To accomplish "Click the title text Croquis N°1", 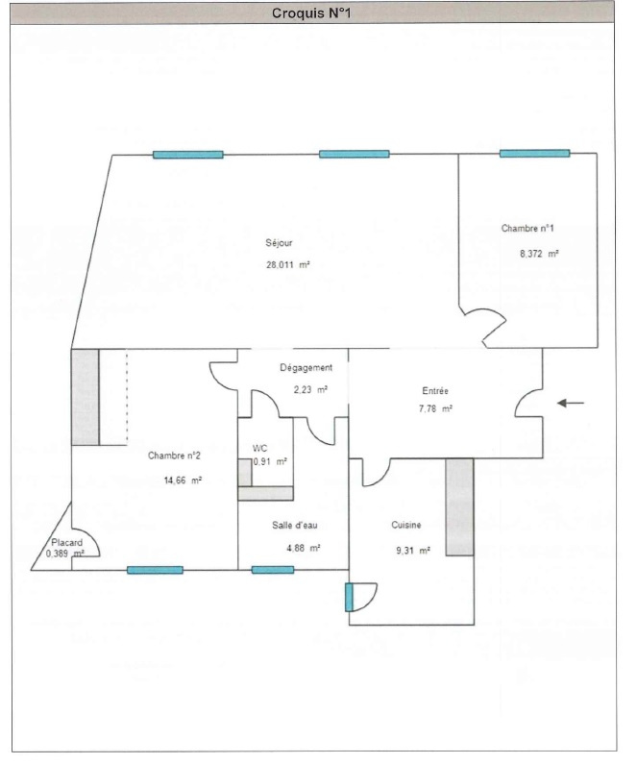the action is pos(311,13).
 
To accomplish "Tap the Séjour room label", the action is pos(279,242).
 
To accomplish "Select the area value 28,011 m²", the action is pos(288,265).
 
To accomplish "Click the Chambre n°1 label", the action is pos(527,228).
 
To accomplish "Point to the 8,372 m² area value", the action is pos(539,254).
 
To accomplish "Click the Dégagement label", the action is pos(306,368).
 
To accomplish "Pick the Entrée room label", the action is pos(435,391).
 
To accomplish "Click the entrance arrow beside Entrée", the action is pos(571,403).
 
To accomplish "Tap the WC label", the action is pos(259,448).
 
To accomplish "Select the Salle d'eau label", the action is pos(295,526).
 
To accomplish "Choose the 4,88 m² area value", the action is pos(304,548).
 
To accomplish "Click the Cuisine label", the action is pos(406,525).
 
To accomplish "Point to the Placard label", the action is pos(66,542).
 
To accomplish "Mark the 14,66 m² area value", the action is pos(183,481).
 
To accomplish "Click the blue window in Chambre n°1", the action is pos(534,154).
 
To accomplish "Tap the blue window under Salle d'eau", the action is pos(273,570).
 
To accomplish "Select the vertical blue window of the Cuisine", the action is pos(349,598).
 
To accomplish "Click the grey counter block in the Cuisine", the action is pos(459,506).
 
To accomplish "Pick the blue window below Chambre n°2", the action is pos(155,570).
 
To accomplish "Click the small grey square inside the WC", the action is pos(244,472).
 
